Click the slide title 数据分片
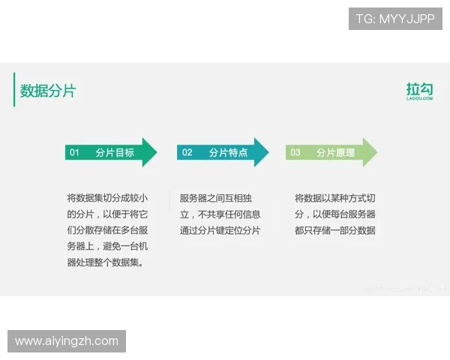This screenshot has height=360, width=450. tap(48, 91)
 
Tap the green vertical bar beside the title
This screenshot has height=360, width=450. tap(14, 90)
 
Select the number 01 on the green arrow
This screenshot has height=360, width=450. tap(74, 152)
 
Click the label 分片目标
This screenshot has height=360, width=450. tap(115, 152)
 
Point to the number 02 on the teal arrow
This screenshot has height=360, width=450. tap(187, 152)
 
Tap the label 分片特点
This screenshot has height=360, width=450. tap(228, 152)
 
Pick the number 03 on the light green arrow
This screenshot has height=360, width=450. tap(295, 152)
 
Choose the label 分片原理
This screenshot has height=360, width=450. tap(335, 152)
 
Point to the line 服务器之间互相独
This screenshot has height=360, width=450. tap(220, 198)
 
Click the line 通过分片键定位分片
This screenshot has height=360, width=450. tap(220, 230)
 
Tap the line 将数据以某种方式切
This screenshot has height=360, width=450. tap(334, 198)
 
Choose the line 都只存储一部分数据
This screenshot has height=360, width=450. tap(334, 230)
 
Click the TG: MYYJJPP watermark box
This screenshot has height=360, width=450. tap(395, 19)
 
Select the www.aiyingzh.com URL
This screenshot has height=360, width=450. tap(66, 341)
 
